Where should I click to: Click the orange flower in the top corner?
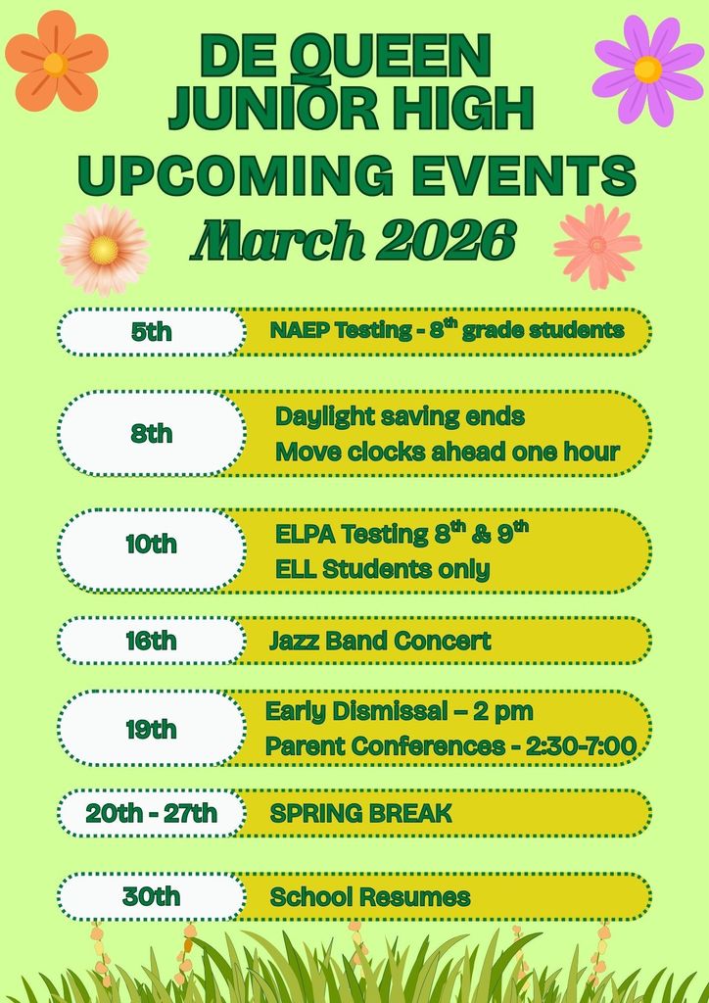point(56,61)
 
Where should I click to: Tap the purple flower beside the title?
point(647,70)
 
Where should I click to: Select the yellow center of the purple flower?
point(647,70)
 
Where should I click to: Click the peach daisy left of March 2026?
point(103,249)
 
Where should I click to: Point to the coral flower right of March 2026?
point(597,246)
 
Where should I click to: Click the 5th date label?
point(151,331)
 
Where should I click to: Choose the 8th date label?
point(151,433)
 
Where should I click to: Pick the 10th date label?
point(151,544)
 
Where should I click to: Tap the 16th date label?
point(151,641)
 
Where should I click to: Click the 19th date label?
point(151,729)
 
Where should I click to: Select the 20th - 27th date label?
point(151,813)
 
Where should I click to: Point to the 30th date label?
point(151,896)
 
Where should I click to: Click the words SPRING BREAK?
point(360,813)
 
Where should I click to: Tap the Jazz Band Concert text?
point(380,641)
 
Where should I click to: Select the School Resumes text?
point(369,896)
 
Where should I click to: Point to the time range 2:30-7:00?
point(581,746)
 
